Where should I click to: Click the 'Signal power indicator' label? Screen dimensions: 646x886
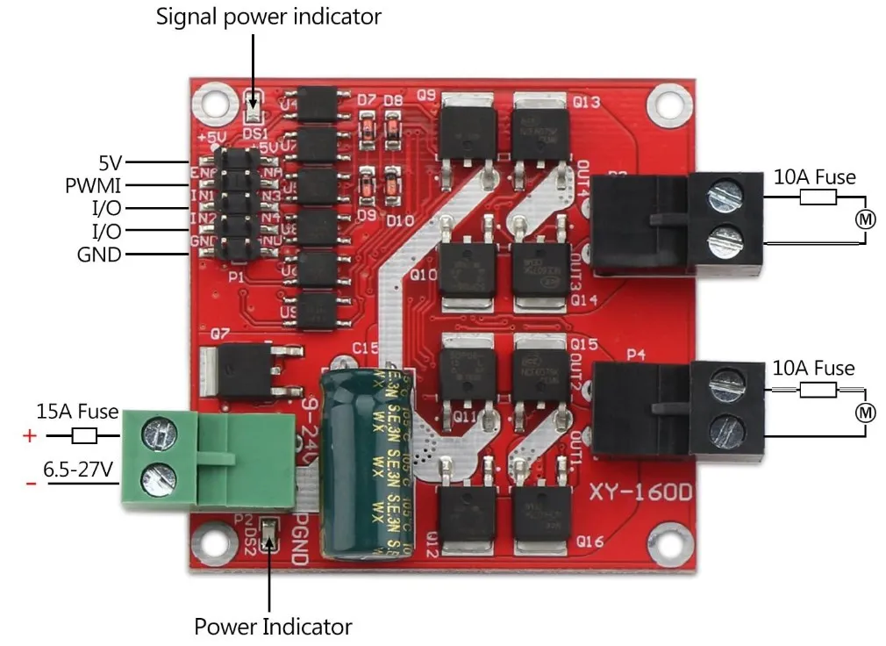(x=269, y=17)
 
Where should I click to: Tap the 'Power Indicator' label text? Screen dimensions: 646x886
(x=273, y=627)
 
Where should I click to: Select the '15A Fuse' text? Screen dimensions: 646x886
(x=77, y=410)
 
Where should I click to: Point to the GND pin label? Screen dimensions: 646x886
(x=99, y=255)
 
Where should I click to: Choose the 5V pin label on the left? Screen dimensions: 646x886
(x=111, y=162)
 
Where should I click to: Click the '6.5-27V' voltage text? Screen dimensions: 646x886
(x=79, y=470)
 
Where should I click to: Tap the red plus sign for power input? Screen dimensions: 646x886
(x=30, y=435)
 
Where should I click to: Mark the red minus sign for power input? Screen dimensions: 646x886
(x=31, y=484)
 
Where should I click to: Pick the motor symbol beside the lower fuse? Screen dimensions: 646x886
(x=866, y=412)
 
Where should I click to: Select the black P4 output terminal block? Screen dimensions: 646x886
(x=676, y=410)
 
